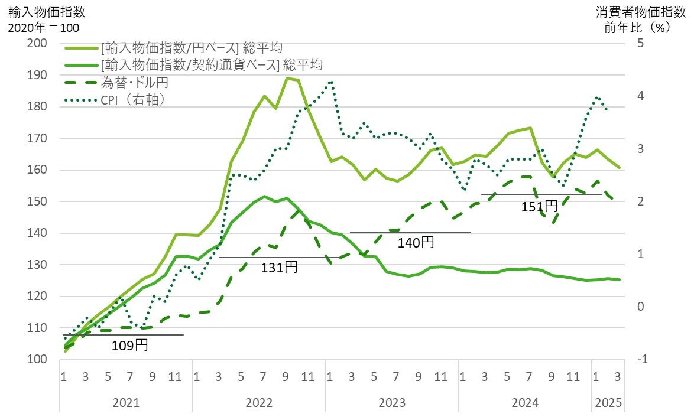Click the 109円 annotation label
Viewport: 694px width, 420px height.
click(129, 345)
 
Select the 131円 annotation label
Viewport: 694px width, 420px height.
click(279, 267)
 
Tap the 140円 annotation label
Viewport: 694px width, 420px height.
click(416, 242)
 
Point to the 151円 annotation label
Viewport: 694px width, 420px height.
click(539, 206)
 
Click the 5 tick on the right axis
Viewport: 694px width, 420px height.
click(640, 43)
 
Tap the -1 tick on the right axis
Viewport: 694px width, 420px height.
click(643, 359)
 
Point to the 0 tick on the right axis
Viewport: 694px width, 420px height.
click(640, 307)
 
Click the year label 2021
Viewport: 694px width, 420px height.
click(125, 403)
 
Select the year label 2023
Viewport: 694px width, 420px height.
click(391, 403)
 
